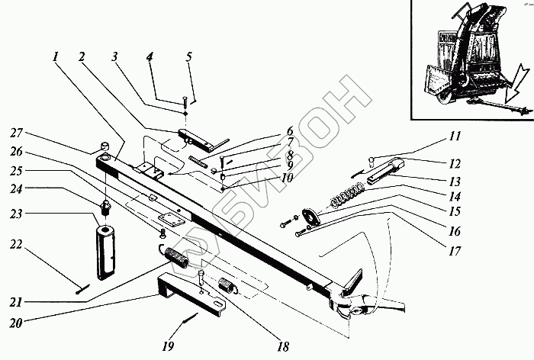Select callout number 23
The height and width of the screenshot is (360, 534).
pyautogui.click(x=14, y=214)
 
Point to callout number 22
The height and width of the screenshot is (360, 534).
pyautogui.click(x=14, y=244)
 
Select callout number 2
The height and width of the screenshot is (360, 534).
pyautogui.click(x=82, y=58)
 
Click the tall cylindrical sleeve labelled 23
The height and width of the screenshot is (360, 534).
pyautogui.click(x=106, y=248)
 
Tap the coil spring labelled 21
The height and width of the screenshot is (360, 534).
pyautogui.click(x=179, y=259)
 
